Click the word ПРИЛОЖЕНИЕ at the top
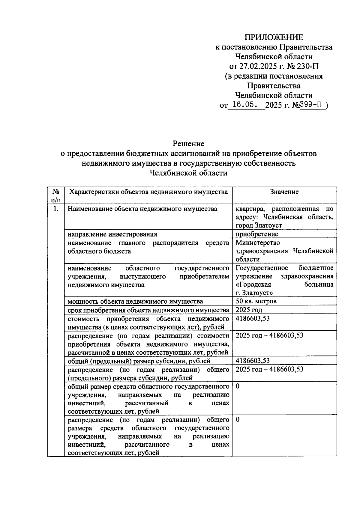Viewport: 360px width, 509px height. pyautogui.click(x=274, y=37)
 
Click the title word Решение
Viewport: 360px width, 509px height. pyautogui.click(x=188, y=144)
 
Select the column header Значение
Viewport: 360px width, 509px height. pyautogui.click(x=284, y=192)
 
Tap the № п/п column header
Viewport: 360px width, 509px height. pyautogui.click(x=56, y=195)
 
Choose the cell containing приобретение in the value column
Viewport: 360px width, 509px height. pyautogui.click(x=257, y=234)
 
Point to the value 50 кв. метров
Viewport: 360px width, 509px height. pyautogui.click(x=256, y=301)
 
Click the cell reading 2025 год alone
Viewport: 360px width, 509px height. pyautogui.click(x=249, y=310)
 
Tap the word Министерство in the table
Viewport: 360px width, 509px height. pyautogui.click(x=258, y=243)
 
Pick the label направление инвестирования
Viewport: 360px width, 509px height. pyautogui.click(x=112, y=234)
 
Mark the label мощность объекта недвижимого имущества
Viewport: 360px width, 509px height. pyautogui.click(x=135, y=301)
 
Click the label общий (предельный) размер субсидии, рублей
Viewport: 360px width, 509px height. pyautogui.click(x=139, y=361)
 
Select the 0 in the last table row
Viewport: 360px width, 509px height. pyautogui.click(x=238, y=420)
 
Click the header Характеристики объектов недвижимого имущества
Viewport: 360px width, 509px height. pyautogui.click(x=148, y=192)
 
